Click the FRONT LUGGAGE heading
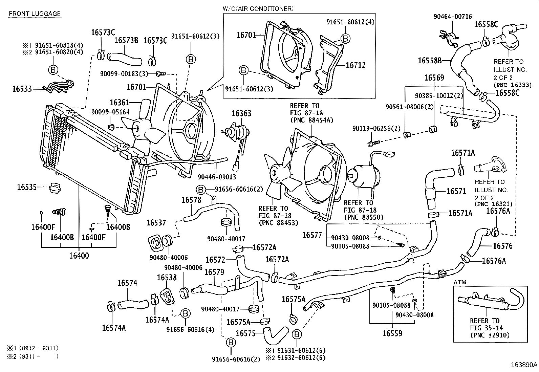click(34, 14)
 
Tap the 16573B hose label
click(126, 40)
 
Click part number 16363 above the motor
click(241, 113)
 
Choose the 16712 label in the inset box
click(355, 65)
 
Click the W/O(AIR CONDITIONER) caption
click(258, 8)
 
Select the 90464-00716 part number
click(453, 17)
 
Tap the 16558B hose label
click(429, 61)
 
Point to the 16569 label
click(434, 78)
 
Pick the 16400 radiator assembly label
click(79, 256)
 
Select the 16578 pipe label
click(191, 200)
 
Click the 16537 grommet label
click(156, 223)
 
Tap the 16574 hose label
click(127, 283)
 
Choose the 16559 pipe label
click(392, 333)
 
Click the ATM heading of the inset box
click(460, 282)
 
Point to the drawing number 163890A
click(524, 365)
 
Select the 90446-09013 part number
click(217, 177)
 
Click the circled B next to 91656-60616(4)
click(185, 314)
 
